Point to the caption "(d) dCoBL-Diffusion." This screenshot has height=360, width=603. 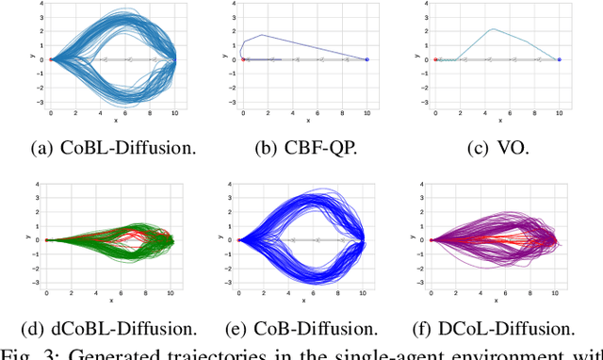(111, 329)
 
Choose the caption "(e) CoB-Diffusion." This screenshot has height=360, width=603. (303, 329)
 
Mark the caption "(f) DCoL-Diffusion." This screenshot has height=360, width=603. (496, 329)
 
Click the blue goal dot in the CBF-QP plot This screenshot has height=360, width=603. (367, 59)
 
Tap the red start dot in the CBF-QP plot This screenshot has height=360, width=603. (243, 59)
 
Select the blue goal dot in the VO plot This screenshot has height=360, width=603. (560, 59)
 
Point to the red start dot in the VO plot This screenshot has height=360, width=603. (435, 59)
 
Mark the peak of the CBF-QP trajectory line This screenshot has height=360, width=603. (263, 36)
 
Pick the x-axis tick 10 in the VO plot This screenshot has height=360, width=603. (560, 113)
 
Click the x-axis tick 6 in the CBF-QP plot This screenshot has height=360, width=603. (318, 113)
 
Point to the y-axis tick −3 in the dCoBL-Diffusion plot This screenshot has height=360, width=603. (35, 282)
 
